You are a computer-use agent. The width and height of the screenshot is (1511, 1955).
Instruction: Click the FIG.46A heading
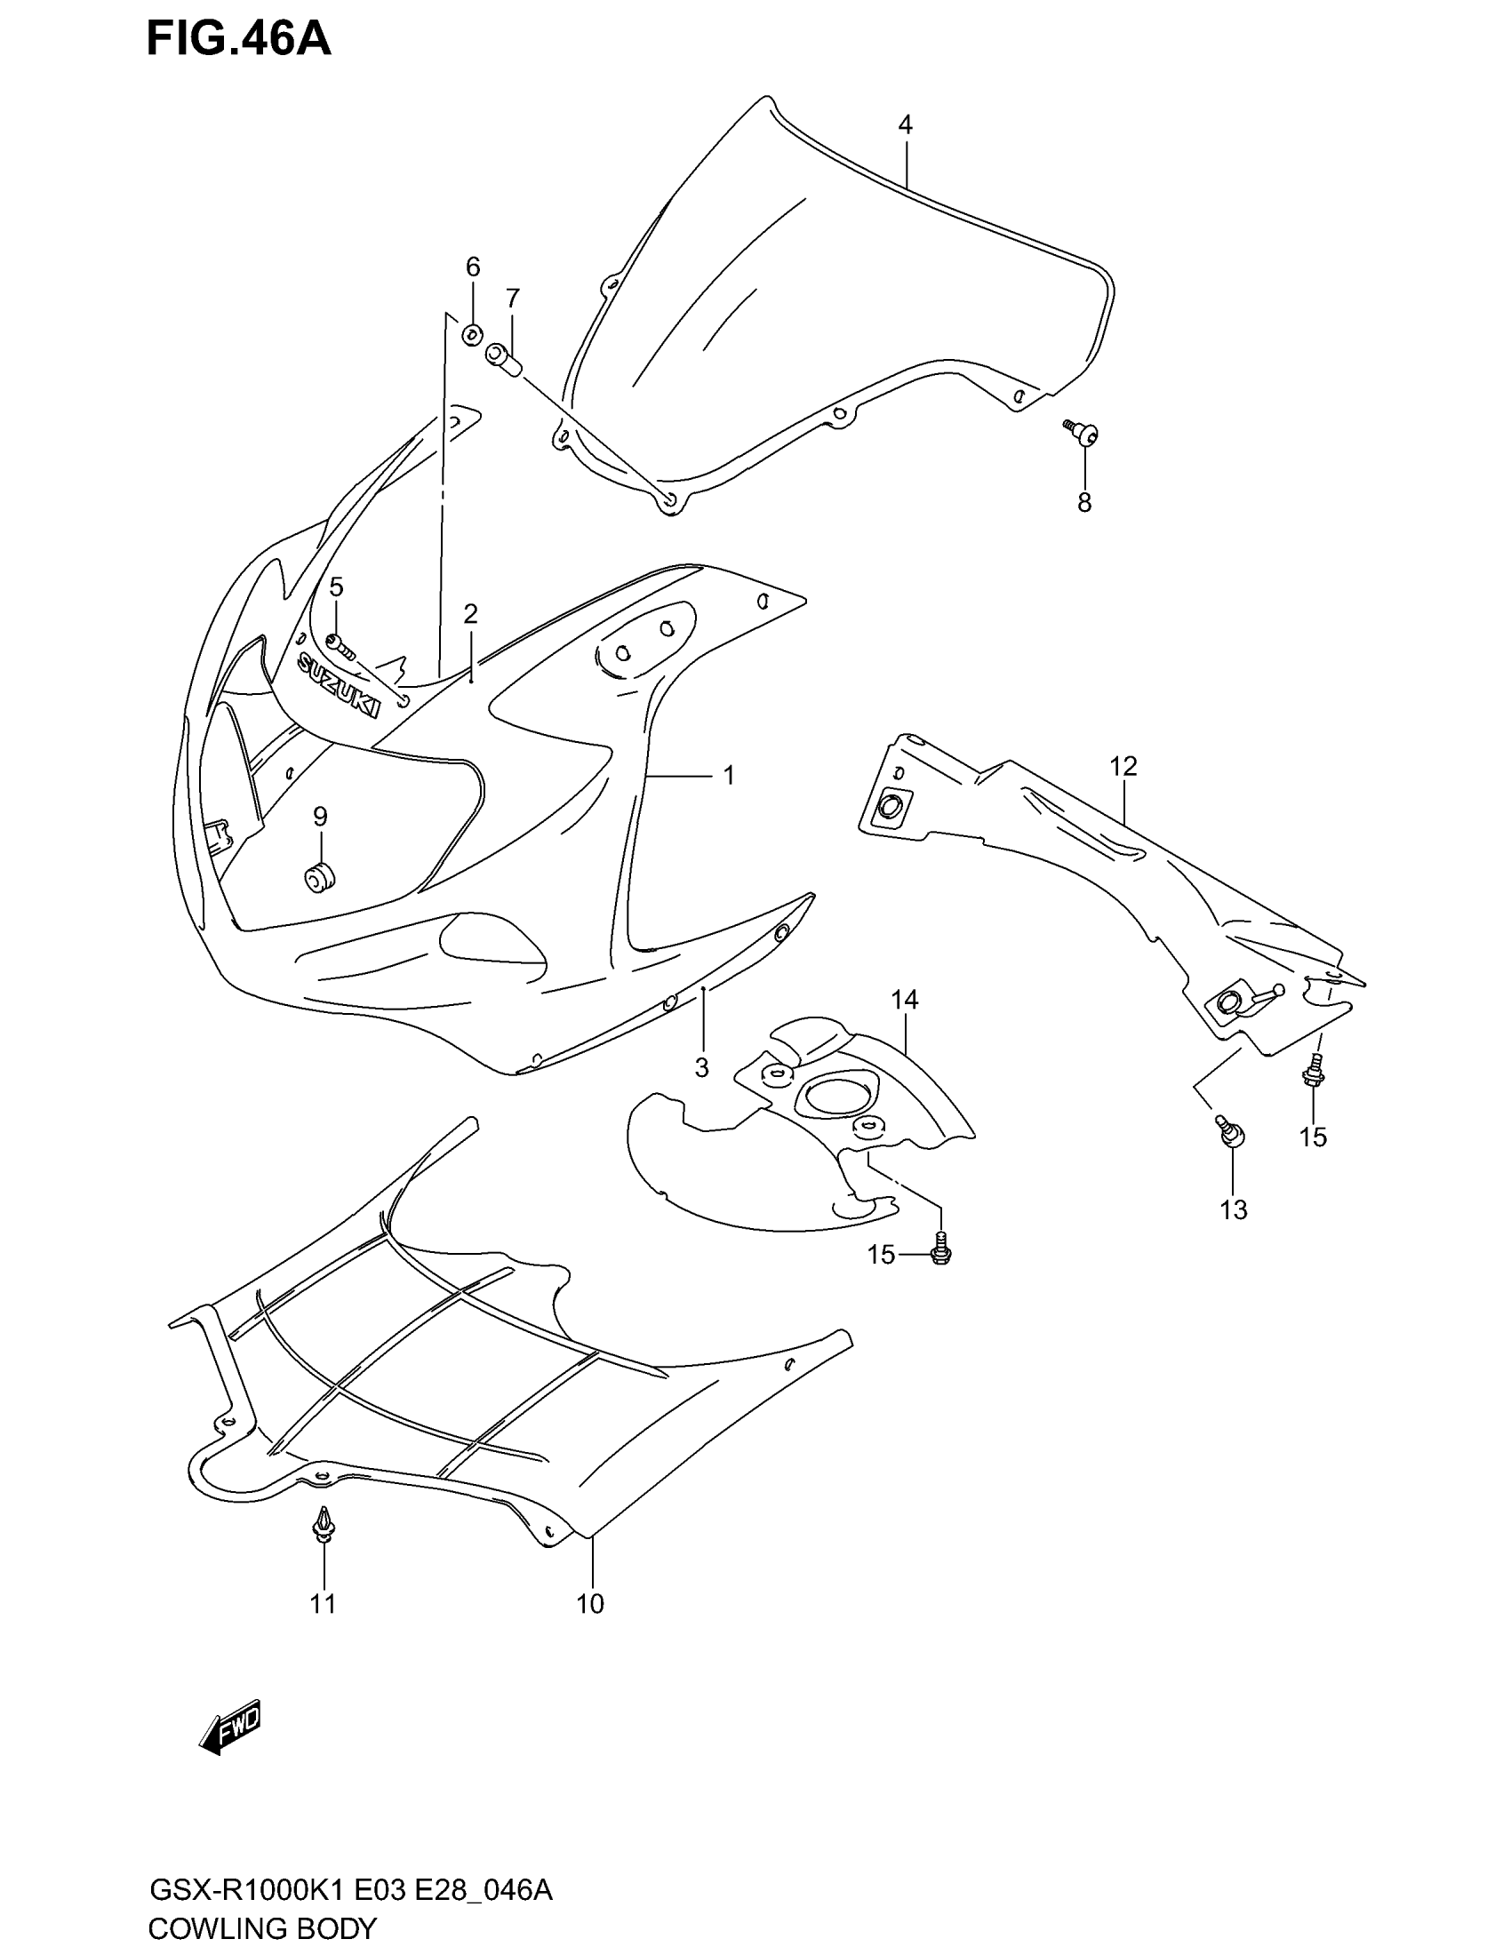point(239,40)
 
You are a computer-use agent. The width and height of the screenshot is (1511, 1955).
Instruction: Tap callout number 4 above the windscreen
point(905,125)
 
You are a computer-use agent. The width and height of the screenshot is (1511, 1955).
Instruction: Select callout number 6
point(473,267)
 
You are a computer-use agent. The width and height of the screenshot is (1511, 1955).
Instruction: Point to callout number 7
point(512,298)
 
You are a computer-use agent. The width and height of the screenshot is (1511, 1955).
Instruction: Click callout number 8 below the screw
point(1084,503)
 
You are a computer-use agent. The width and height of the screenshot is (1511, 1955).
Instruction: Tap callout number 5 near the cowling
point(336,587)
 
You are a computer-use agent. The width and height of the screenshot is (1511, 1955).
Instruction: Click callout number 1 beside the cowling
point(729,775)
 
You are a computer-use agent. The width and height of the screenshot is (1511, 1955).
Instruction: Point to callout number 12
point(1123,766)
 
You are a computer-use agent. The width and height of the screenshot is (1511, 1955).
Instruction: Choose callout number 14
point(904,1000)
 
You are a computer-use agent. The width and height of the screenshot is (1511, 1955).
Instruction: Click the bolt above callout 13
point(1230,1131)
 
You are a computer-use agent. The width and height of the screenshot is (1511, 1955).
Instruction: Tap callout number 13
point(1233,1210)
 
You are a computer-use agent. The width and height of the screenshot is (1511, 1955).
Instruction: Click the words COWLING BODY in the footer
point(262,1928)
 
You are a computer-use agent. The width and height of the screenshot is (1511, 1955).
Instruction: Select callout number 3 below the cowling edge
point(702,1067)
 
